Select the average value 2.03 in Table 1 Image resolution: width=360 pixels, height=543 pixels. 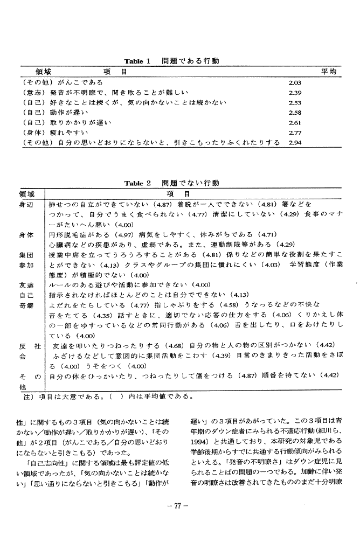click(x=295, y=82)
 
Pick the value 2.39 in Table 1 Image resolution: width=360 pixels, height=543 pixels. click(x=295, y=93)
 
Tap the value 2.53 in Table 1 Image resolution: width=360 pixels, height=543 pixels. click(x=295, y=102)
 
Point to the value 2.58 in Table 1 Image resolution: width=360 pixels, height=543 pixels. click(x=295, y=113)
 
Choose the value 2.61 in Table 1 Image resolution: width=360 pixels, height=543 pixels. click(x=295, y=122)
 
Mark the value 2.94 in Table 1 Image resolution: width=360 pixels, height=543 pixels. click(x=295, y=142)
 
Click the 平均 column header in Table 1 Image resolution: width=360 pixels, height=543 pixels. click(x=329, y=72)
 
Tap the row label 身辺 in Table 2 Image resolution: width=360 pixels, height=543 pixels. click(x=26, y=205)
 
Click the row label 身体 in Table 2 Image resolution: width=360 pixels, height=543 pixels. click(x=26, y=235)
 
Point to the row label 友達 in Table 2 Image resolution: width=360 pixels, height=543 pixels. click(x=26, y=285)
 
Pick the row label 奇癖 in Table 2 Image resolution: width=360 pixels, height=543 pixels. click(x=26, y=305)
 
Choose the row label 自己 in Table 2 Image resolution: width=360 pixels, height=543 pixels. click(x=26, y=295)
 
